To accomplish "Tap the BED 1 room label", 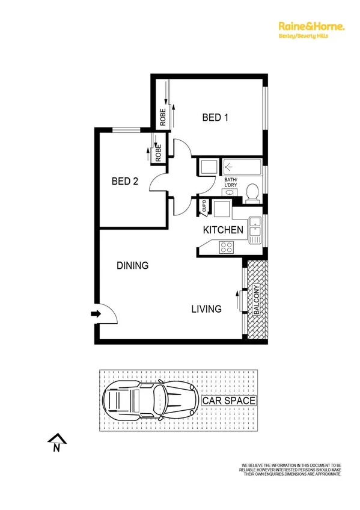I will pyautogui.click(x=215, y=118).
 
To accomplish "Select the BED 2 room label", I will pyautogui.click(x=125, y=180).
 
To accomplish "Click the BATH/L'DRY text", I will pyautogui.click(x=231, y=183).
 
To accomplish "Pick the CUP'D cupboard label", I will pyautogui.click(x=204, y=207).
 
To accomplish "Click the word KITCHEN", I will pyautogui.click(x=223, y=230).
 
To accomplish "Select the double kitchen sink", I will pyautogui.click(x=255, y=229).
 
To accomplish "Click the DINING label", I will pyautogui.click(x=132, y=265).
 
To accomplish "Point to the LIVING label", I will pyautogui.click(x=207, y=309).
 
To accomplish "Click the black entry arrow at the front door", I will pyautogui.click(x=95, y=313).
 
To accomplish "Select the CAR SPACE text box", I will pyautogui.click(x=229, y=401).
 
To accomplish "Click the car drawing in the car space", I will pyautogui.click(x=150, y=399).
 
